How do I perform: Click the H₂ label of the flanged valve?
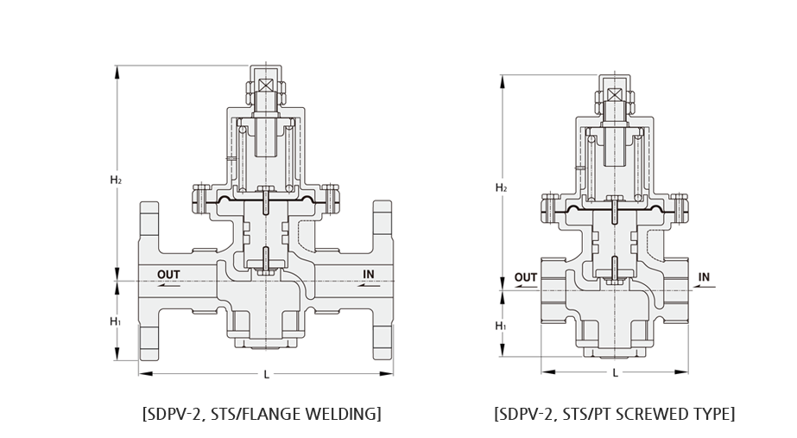click(x=116, y=180)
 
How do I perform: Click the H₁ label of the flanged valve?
click(x=116, y=321)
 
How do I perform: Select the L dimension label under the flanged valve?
click(x=266, y=374)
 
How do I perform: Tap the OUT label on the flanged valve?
click(x=168, y=275)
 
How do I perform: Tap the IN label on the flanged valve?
click(x=369, y=274)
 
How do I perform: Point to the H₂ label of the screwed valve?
click(x=501, y=188)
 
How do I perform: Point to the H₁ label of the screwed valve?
click(x=501, y=326)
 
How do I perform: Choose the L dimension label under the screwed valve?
click(x=615, y=373)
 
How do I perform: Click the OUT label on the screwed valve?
click(x=526, y=277)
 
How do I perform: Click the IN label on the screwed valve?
click(x=704, y=277)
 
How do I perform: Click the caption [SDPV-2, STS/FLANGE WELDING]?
click(x=262, y=414)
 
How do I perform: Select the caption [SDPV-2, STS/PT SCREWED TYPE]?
click(x=615, y=414)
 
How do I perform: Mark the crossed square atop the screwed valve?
click(x=615, y=95)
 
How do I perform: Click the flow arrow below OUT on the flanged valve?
click(x=168, y=285)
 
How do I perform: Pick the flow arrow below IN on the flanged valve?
click(x=369, y=285)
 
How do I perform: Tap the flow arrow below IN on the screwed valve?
click(x=704, y=288)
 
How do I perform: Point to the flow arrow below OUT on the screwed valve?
click(x=526, y=288)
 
